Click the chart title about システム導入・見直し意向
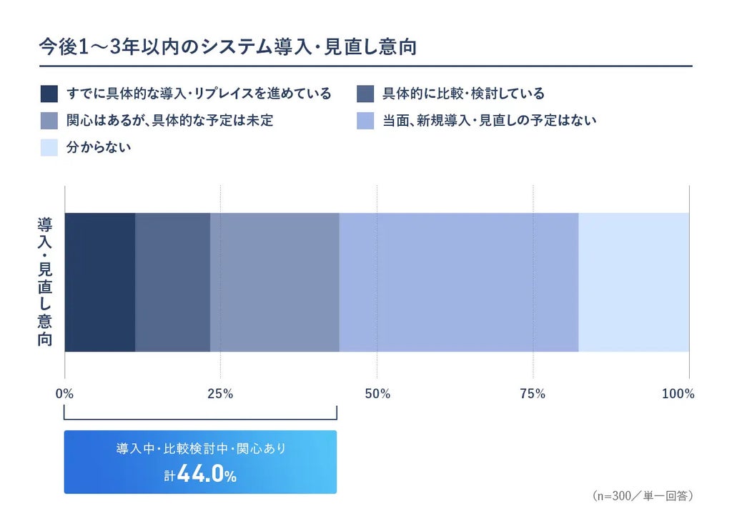pyautogui.click(x=228, y=47)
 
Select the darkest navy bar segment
pyautogui.click(x=100, y=282)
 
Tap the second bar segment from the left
pyautogui.click(x=173, y=282)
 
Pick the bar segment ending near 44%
pyautogui.click(x=275, y=282)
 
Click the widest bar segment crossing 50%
pyautogui.click(x=459, y=282)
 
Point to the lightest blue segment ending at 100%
pyautogui.click(x=634, y=282)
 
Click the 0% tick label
pyautogui.click(x=64, y=394)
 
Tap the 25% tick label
pyautogui.click(x=220, y=394)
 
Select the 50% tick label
pyautogui.click(x=377, y=394)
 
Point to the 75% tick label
pyautogui.click(x=533, y=394)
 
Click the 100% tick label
pyautogui.click(x=678, y=394)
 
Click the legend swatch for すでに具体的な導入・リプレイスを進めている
pyautogui.click(x=49, y=94)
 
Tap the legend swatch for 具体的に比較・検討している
pyautogui.click(x=365, y=94)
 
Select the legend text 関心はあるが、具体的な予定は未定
pyautogui.click(x=170, y=120)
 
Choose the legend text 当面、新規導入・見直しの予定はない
pyautogui.click(x=490, y=120)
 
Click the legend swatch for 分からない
pyautogui.click(x=49, y=147)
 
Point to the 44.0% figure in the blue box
pyautogui.click(x=207, y=474)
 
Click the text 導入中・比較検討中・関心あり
pyautogui.click(x=201, y=448)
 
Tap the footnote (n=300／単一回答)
pyautogui.click(x=643, y=495)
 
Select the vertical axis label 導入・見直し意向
pyautogui.click(x=45, y=282)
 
